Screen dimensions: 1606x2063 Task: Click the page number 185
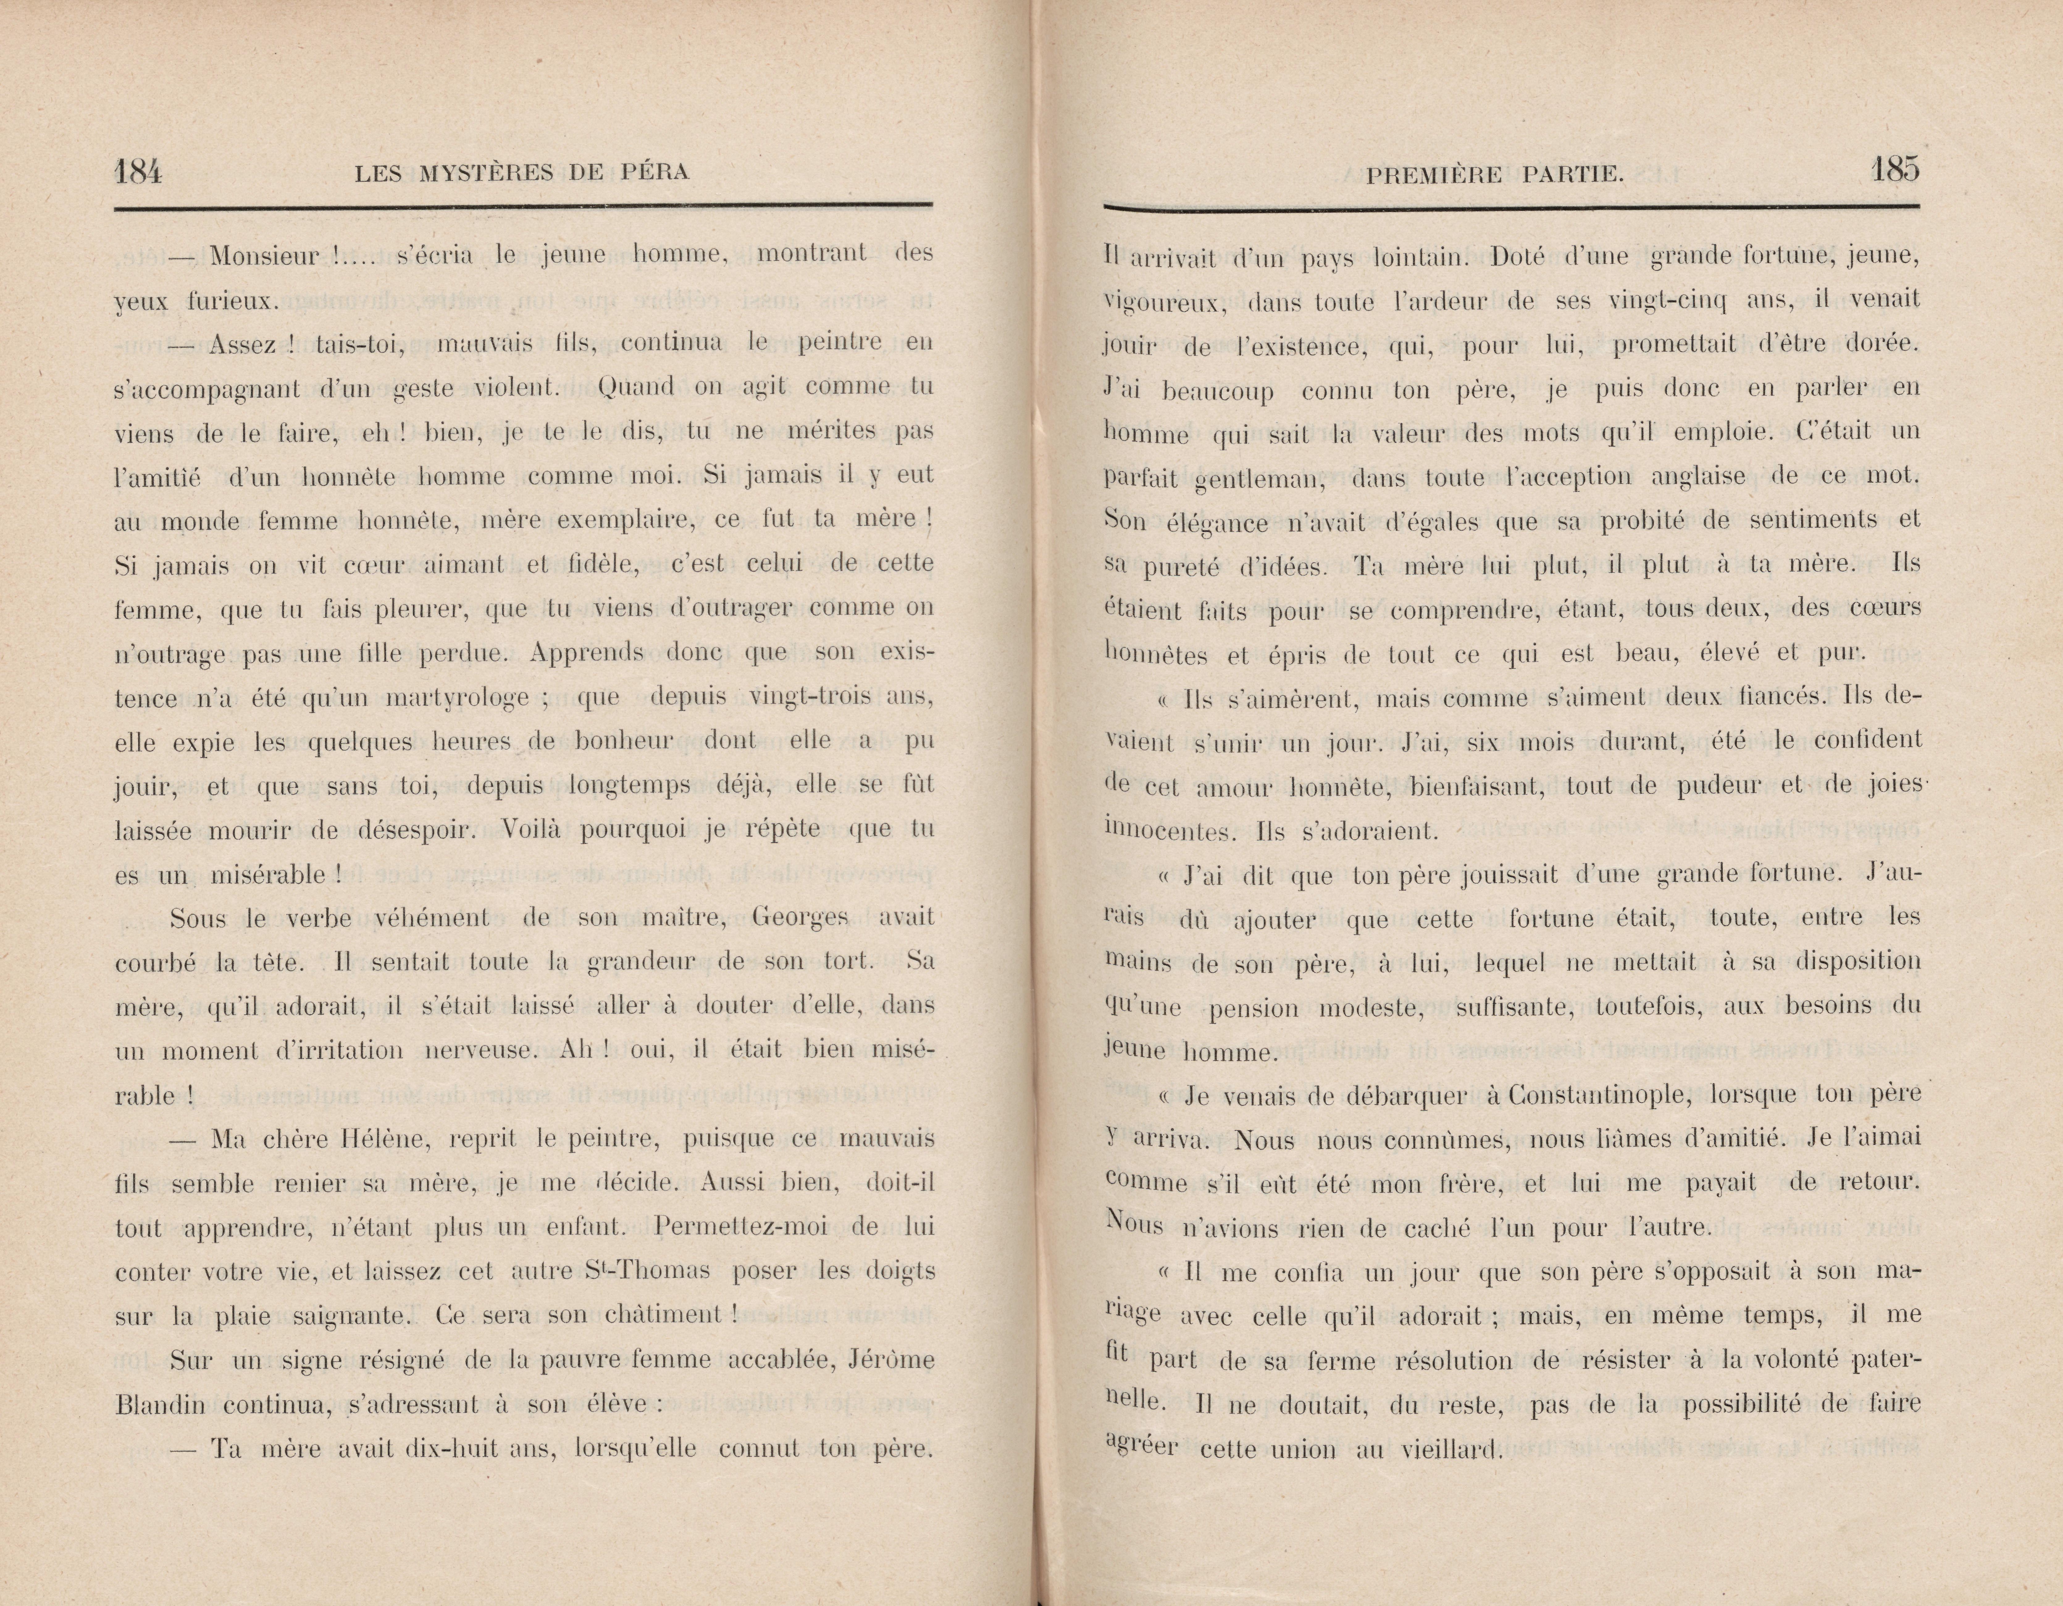tap(1894, 170)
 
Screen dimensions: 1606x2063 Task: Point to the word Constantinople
tap(1596, 1095)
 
